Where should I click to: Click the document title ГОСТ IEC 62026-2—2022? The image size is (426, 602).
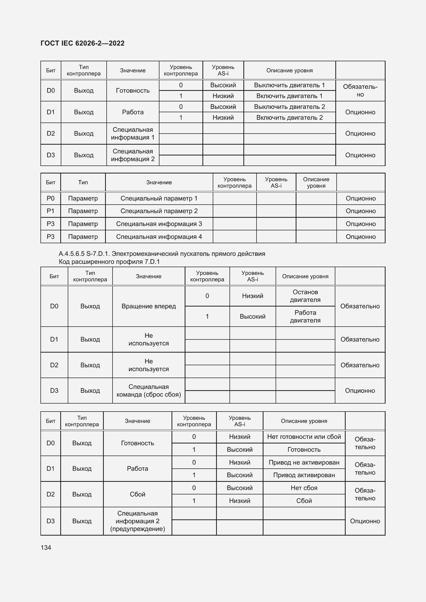click(x=82, y=43)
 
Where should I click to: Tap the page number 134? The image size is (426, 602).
click(x=46, y=547)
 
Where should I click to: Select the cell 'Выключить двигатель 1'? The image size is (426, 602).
click(x=289, y=85)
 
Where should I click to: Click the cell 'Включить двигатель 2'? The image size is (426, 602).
click(x=289, y=117)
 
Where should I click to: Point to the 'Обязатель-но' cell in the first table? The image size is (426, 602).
click(x=360, y=90)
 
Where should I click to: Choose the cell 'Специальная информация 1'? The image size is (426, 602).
click(x=132, y=134)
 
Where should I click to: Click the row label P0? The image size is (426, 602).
click(x=50, y=198)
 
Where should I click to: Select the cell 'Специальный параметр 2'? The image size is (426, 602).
click(x=159, y=211)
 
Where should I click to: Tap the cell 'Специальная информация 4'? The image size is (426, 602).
click(x=159, y=237)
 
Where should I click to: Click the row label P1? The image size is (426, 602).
click(x=50, y=211)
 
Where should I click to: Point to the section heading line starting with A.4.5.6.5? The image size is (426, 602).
click(x=162, y=254)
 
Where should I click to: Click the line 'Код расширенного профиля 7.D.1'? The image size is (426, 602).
click(x=109, y=262)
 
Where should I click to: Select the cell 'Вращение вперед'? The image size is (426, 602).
click(x=148, y=306)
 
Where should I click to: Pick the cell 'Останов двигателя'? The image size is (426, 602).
click(x=305, y=296)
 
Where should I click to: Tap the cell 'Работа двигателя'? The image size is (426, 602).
click(x=305, y=317)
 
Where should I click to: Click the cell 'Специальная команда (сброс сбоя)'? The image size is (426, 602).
click(x=148, y=390)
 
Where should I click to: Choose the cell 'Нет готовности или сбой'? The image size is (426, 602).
click(x=304, y=437)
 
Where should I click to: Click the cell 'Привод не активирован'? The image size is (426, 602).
click(x=304, y=462)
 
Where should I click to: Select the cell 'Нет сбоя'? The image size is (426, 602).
click(x=304, y=488)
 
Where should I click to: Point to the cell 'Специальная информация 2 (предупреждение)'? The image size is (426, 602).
click(x=138, y=521)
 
